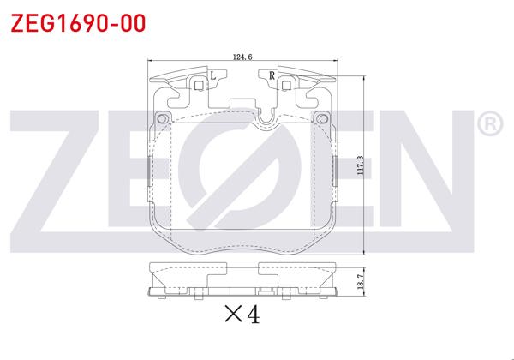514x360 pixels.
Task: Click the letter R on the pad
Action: coord(272,76)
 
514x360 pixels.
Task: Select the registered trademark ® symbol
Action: coord(488,126)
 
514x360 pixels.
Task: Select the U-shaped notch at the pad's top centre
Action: coord(267,117)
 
